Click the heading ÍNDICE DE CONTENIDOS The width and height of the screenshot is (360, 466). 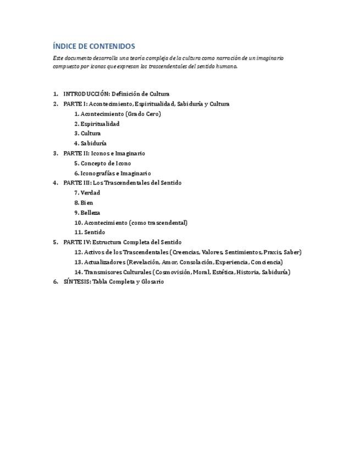pos(94,46)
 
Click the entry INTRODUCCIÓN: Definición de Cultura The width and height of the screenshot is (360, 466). pos(116,94)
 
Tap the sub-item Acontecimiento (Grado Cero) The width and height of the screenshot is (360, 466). pos(120,114)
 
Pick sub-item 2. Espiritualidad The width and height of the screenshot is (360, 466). pos(99,124)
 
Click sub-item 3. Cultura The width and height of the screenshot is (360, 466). pos(90,134)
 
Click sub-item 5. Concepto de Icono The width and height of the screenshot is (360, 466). pos(106,163)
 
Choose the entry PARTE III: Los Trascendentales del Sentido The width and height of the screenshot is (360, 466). pos(122,182)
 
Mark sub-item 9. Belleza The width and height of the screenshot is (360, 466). pos(90,213)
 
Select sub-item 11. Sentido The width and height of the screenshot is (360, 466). pos(92,232)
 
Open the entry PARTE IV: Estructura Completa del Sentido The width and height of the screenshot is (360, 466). pos(122,242)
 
